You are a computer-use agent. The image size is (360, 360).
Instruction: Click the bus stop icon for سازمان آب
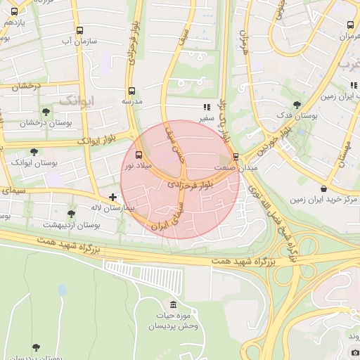click(79, 31)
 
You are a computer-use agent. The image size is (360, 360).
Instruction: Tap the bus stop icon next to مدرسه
click(131, 91)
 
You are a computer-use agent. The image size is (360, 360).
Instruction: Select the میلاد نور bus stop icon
click(138, 155)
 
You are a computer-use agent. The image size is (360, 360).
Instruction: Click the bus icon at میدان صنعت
click(236, 156)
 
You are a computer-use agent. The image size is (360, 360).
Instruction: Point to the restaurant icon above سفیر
click(206, 108)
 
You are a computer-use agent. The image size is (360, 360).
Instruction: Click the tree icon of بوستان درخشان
click(46, 112)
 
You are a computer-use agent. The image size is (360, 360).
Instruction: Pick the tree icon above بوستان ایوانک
click(34, 152)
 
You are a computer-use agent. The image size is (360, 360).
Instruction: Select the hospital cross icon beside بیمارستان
click(112, 197)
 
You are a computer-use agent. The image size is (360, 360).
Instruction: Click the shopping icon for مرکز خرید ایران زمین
click(323, 188)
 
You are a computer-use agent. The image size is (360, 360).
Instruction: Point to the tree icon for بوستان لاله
click(71, 214)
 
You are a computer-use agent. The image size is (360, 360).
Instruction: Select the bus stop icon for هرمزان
click(350, 25)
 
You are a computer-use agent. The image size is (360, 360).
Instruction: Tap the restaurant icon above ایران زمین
click(354, 85)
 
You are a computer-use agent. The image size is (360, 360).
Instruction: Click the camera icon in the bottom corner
click(355, 352)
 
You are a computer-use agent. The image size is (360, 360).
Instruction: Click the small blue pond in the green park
click(63, 290)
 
